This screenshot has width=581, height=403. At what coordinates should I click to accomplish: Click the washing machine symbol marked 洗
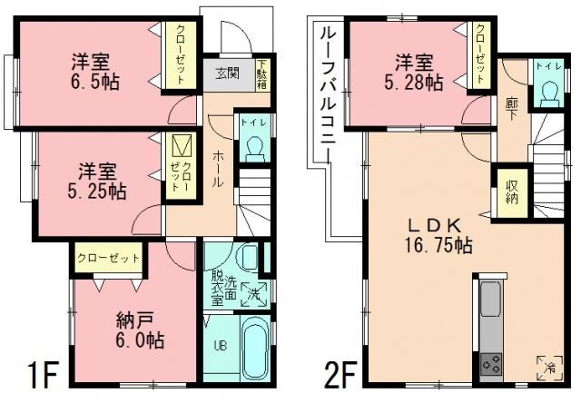(255, 292)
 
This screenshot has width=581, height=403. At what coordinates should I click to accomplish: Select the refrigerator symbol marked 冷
(548, 366)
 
